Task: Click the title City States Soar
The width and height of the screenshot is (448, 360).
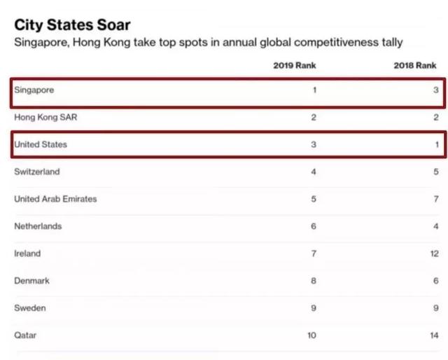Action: [72, 25]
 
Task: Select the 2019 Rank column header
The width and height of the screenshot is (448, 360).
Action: [295, 65]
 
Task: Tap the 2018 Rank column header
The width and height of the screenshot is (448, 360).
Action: [416, 65]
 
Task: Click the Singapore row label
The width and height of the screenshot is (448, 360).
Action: [34, 90]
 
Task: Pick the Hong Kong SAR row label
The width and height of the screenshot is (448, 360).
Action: [45, 118]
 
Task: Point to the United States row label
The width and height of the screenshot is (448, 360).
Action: [41, 145]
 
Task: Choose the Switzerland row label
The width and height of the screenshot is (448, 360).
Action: [37, 172]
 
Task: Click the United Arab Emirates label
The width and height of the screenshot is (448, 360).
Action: [55, 199]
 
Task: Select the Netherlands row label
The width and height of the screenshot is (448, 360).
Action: [38, 226]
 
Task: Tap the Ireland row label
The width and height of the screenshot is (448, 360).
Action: [27, 254]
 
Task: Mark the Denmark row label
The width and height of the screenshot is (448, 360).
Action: [32, 281]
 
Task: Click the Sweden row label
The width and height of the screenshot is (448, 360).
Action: [30, 308]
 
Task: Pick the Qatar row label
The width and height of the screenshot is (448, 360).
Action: [25, 335]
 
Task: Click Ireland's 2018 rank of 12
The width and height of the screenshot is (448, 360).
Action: [434, 254]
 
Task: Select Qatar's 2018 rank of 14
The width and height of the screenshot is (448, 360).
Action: [434, 335]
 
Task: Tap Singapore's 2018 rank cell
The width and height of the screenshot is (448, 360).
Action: [436, 90]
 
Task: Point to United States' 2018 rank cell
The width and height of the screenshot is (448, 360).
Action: [436, 145]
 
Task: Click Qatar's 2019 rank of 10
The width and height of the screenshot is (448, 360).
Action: [311, 335]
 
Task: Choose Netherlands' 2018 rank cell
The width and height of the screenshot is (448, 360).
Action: [436, 226]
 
